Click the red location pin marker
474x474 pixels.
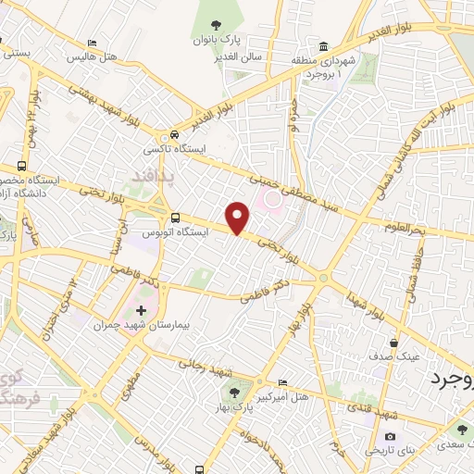[x=239, y=218]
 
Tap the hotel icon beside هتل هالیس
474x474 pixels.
[x=91, y=44]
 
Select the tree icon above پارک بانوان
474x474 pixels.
[x=216, y=25]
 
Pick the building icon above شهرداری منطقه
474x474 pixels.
[x=323, y=47]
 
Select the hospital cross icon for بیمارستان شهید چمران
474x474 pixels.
[x=141, y=310]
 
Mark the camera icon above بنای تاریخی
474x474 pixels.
[x=389, y=437]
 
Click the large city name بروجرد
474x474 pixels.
[x=453, y=380]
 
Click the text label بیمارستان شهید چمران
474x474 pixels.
[x=132, y=326]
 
